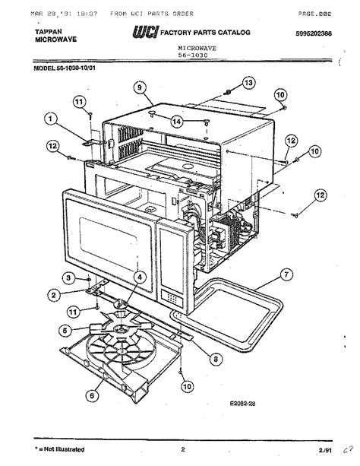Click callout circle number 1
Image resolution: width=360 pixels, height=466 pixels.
tap(51, 119)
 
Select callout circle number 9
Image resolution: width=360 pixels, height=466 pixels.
tap(140, 87)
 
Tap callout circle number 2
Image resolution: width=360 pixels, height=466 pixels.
tap(54, 294)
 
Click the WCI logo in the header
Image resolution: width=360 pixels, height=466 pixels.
tap(145, 33)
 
